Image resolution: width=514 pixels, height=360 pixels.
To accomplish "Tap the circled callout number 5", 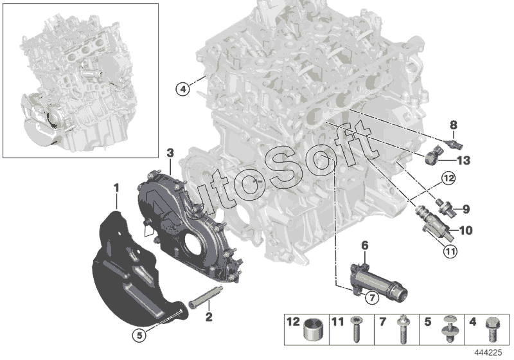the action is [139, 335].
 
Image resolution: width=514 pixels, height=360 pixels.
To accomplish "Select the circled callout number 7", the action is [372, 298].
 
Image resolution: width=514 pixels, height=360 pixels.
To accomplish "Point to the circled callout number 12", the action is [448, 178].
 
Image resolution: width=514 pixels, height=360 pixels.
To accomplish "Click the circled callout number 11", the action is [450, 251].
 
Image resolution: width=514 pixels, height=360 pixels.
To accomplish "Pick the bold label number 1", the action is [116, 188].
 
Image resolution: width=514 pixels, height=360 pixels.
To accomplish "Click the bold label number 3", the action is [170, 153].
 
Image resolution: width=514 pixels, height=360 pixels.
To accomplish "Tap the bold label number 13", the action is [463, 160].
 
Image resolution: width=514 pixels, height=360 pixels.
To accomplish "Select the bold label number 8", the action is [453, 125].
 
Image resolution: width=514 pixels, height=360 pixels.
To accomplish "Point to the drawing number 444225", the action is [488, 352].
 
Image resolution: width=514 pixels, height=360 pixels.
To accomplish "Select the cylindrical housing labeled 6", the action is [378, 282].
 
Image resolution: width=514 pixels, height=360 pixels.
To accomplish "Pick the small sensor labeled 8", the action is [456, 143].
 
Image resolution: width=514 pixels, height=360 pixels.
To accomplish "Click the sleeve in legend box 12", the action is [313, 330].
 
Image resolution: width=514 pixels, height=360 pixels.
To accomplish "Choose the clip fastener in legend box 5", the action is [448, 329].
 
